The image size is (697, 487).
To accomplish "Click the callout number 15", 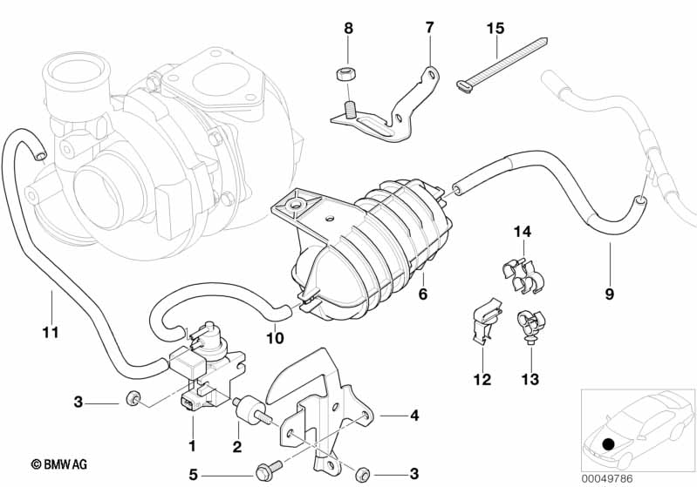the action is click(x=495, y=29).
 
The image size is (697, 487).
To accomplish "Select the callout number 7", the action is click(x=429, y=28).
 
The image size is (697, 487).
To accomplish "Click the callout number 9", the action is click(x=610, y=294).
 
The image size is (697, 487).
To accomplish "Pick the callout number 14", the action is click(x=523, y=231).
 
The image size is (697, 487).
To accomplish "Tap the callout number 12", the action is click(x=482, y=379).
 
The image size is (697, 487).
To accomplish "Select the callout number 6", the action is click(x=423, y=294).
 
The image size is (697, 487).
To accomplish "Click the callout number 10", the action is click(x=275, y=338).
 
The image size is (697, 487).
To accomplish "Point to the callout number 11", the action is click(x=51, y=332).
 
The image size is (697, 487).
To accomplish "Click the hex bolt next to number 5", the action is click(x=269, y=469).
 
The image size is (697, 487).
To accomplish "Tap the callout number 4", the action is click(x=414, y=416).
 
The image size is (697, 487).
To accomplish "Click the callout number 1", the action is click(x=192, y=445).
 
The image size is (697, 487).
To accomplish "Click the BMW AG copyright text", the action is click(x=59, y=464).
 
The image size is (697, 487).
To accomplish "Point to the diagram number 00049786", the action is click(x=607, y=478).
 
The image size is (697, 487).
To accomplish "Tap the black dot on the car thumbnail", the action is click(x=609, y=444).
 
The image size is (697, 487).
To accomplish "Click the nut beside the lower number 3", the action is click(x=363, y=473).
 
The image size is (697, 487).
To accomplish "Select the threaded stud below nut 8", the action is click(x=349, y=108).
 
